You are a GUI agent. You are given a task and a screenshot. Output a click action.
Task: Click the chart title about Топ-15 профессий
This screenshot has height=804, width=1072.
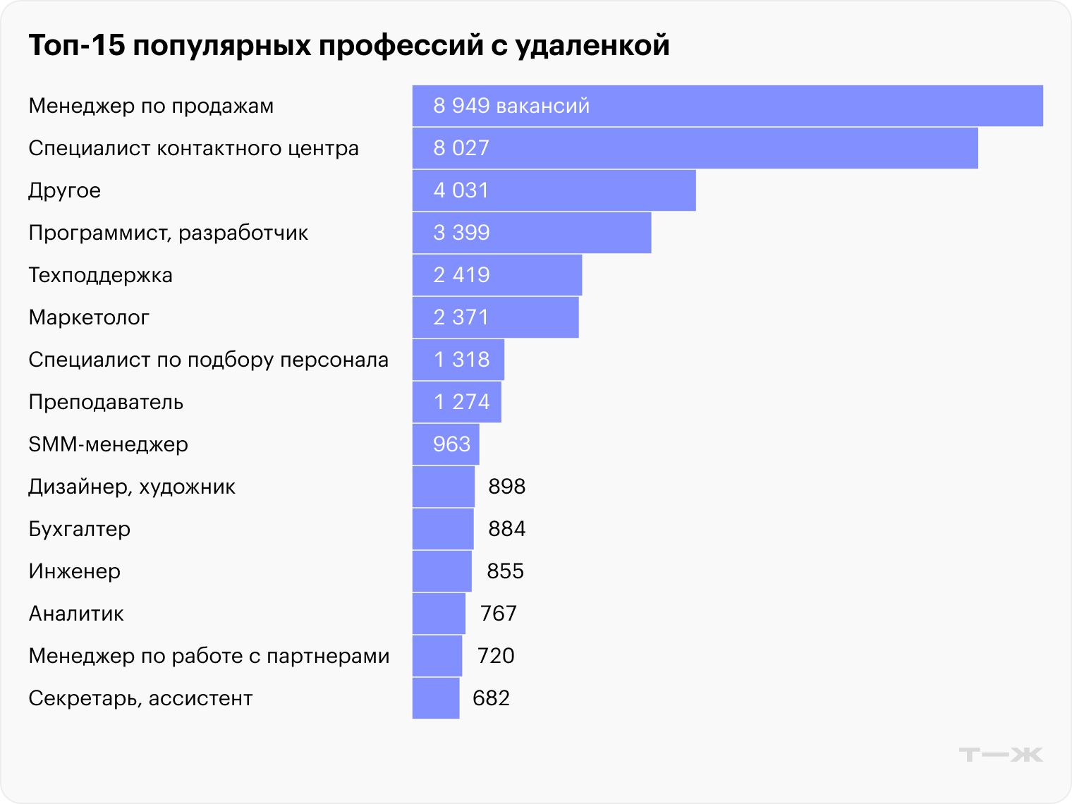(349, 45)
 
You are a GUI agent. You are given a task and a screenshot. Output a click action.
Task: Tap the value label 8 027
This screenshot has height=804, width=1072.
(461, 148)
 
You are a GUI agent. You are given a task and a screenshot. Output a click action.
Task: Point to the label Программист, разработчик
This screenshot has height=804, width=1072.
(169, 233)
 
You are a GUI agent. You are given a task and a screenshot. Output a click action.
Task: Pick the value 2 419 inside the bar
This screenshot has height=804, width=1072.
(461, 275)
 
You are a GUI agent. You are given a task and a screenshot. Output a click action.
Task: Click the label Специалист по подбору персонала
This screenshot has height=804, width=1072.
(209, 360)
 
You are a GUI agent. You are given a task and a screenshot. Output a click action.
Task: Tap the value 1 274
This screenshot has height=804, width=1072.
(461, 402)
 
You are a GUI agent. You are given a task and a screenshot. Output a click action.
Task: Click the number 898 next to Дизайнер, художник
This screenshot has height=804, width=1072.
(507, 487)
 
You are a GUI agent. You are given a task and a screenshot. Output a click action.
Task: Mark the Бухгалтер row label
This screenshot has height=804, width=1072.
(80, 529)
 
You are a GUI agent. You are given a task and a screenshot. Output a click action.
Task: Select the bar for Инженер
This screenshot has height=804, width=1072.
(441, 571)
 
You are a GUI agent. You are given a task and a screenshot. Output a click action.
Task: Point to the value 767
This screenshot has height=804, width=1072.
(499, 614)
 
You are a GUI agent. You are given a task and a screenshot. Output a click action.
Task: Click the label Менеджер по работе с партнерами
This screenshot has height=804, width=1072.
(209, 656)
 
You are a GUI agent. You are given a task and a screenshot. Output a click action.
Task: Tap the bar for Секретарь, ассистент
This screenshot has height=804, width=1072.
(436, 698)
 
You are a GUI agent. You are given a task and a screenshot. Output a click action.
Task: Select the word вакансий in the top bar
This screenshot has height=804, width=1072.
(543, 106)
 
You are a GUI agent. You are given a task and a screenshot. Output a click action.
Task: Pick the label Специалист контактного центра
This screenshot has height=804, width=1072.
(194, 148)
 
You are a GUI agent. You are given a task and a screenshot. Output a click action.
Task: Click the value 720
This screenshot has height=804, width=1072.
(496, 656)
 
